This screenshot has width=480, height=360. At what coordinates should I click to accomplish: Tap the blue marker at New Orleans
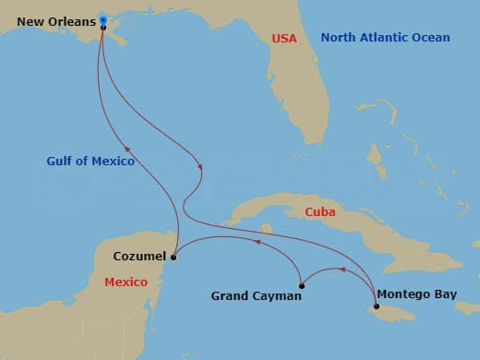[102, 19]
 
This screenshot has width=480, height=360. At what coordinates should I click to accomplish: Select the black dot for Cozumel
[174, 258]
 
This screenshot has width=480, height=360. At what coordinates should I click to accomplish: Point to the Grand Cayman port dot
[301, 285]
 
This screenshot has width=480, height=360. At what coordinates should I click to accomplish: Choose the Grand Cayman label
[257, 296]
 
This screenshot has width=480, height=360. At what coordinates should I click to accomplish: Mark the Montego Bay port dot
[377, 306]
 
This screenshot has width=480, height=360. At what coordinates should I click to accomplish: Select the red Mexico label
[126, 282]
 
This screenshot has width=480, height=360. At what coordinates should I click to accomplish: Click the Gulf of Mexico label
[90, 161]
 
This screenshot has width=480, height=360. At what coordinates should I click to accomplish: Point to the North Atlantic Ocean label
[385, 38]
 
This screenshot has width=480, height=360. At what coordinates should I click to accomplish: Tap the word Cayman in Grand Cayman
[279, 296]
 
